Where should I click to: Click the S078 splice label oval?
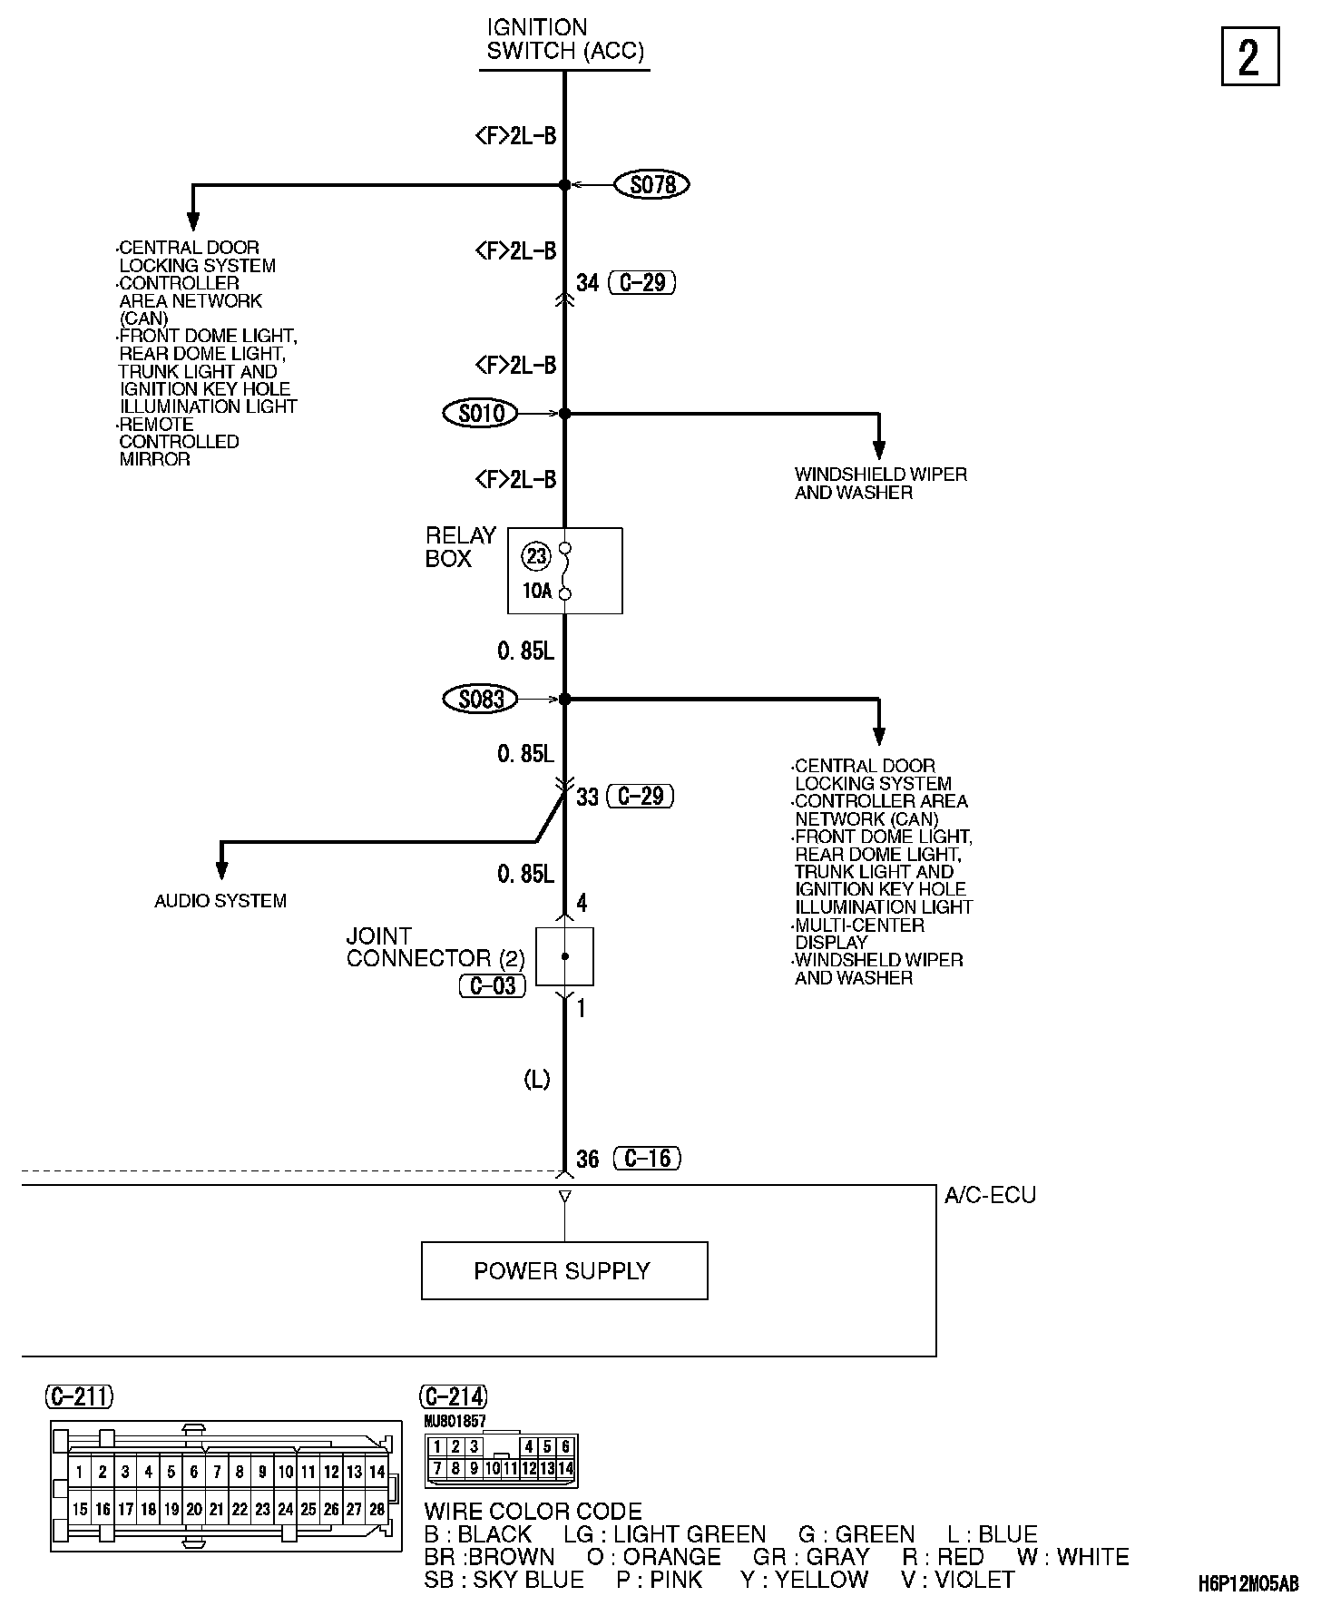[652, 185]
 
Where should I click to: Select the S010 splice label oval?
[480, 414]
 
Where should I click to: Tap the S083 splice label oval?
[480, 700]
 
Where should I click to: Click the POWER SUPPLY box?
[563, 1270]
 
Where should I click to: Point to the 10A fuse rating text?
[536, 592]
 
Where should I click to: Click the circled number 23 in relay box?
[536, 554]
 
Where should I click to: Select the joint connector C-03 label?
[493, 985]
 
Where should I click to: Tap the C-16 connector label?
[647, 1158]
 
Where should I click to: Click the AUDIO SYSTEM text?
[220, 901]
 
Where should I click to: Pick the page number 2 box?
[1249, 57]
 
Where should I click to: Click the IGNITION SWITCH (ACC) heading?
[564, 39]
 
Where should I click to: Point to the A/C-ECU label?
[990, 1195]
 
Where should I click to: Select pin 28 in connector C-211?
[377, 1510]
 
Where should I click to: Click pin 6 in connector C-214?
[566, 1447]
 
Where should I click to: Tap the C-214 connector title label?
[454, 1396]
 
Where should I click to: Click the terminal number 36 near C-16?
[588, 1159]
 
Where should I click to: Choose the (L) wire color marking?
[537, 1080]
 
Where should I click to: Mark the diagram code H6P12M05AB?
[1248, 1584]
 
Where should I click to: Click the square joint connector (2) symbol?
[564, 956]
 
